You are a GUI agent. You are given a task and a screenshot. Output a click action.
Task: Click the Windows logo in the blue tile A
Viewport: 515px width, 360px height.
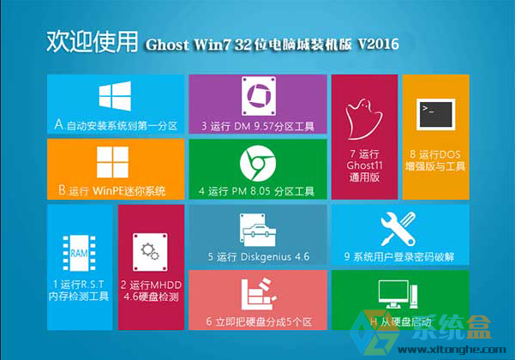tap(115, 96)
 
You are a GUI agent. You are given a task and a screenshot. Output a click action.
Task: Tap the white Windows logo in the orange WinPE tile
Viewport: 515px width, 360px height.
tap(112, 162)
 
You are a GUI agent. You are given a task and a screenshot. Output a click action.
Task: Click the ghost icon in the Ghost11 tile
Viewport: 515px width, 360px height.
tap(363, 119)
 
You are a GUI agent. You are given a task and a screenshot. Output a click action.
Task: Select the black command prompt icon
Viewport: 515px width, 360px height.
tap(436, 114)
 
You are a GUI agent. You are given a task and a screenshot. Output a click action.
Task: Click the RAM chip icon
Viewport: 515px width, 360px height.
tap(79, 253)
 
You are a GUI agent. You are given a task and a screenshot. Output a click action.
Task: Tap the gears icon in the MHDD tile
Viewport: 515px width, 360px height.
tap(150, 252)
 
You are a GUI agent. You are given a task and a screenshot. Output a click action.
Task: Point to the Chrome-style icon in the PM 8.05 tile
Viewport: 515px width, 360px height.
tap(258, 163)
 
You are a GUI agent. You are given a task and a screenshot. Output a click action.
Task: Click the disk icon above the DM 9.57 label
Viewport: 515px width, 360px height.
tap(259, 96)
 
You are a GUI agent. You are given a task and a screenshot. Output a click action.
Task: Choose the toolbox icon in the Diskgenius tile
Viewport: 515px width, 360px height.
tap(258, 230)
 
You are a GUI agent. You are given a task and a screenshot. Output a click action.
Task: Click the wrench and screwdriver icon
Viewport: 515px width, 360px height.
tap(398, 229)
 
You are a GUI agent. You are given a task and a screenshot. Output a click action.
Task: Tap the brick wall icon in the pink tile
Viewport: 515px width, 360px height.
tap(259, 294)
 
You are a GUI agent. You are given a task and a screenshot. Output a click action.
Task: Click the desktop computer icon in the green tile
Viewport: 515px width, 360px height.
tap(398, 294)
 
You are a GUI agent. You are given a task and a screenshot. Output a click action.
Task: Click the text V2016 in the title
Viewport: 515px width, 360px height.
tap(379, 44)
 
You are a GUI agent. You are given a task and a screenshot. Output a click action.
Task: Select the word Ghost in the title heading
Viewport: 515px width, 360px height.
tap(167, 45)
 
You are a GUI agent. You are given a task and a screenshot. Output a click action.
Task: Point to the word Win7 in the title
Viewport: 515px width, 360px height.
tap(213, 45)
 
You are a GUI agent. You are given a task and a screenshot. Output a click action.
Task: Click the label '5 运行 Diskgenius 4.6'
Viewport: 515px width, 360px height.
tap(259, 256)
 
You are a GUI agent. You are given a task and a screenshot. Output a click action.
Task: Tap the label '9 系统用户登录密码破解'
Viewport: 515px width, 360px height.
tap(399, 256)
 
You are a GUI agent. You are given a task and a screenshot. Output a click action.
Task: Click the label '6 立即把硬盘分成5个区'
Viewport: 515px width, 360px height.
tap(259, 321)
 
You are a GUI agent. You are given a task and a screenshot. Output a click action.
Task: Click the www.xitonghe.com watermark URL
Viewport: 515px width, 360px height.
tap(452, 350)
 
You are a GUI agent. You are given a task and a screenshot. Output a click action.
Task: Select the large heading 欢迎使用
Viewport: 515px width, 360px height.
tap(92, 42)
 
